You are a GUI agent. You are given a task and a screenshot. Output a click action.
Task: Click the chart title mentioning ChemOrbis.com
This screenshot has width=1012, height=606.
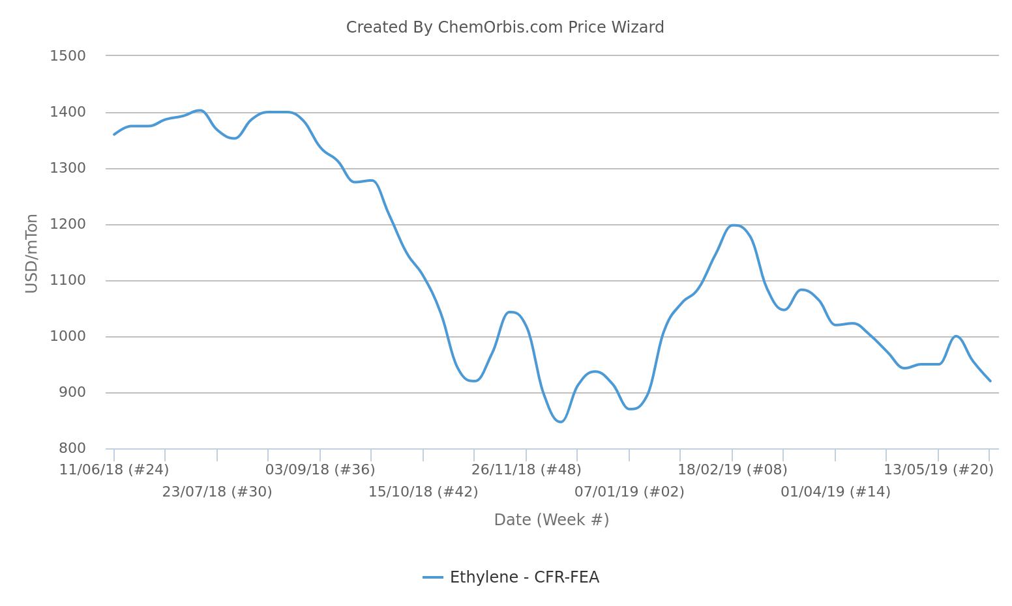(x=505, y=27)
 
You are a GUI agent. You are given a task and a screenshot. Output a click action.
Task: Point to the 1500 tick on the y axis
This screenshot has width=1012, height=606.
(x=68, y=56)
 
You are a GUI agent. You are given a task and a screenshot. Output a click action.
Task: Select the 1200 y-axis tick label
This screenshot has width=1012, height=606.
(x=68, y=224)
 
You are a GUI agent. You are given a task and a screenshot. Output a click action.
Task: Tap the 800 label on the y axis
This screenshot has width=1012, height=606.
(x=72, y=448)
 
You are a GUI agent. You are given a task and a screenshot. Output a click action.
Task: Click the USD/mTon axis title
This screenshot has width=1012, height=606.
(x=31, y=253)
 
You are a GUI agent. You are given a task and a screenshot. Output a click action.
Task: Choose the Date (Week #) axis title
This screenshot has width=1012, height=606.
(x=551, y=520)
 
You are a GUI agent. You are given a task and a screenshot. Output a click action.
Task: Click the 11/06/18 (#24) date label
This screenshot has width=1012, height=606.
(x=114, y=470)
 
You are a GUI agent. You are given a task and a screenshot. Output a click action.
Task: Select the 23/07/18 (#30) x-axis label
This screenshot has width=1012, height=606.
(x=217, y=492)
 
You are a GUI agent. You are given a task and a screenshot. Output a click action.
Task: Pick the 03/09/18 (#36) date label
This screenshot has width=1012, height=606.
(x=320, y=470)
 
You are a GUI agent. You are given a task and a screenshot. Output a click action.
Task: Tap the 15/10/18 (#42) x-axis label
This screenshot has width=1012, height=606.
(x=423, y=492)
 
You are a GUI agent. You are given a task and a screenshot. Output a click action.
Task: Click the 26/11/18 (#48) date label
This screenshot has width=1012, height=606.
(x=526, y=470)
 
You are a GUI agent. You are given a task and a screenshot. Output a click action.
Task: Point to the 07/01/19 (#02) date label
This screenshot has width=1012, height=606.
(x=629, y=492)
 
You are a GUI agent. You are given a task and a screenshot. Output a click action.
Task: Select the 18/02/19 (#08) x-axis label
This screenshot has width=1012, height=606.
(x=732, y=470)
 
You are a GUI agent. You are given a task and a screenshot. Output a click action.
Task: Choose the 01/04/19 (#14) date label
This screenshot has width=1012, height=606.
(x=835, y=492)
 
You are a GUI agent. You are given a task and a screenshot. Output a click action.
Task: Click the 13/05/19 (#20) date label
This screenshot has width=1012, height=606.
(x=938, y=470)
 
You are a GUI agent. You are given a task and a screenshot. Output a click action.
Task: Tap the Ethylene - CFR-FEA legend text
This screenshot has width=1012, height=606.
(x=524, y=577)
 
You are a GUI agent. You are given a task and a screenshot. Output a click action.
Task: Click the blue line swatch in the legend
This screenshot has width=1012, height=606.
(x=433, y=577)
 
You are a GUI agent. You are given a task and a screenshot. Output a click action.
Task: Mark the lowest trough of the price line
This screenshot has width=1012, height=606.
(x=560, y=422)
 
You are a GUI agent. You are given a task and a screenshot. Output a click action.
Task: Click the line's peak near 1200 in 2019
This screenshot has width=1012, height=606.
(x=734, y=225)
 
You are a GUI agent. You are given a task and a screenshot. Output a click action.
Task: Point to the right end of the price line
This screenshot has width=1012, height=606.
(x=990, y=381)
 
